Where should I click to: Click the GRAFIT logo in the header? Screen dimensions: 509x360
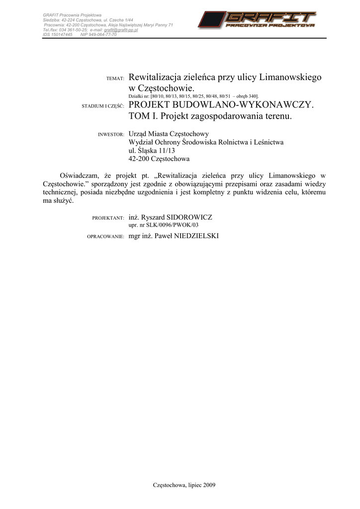(x=257, y=20)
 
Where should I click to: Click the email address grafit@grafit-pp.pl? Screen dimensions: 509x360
(x=121, y=30)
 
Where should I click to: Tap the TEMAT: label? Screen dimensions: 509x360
(x=115, y=79)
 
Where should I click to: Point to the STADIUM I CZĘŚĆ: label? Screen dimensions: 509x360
(x=102, y=106)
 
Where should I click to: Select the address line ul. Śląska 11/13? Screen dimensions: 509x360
(x=152, y=151)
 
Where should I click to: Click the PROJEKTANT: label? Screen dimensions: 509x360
(x=108, y=218)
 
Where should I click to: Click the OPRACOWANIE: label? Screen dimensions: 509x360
(x=105, y=237)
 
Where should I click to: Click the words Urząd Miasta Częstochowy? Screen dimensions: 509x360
(x=169, y=134)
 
